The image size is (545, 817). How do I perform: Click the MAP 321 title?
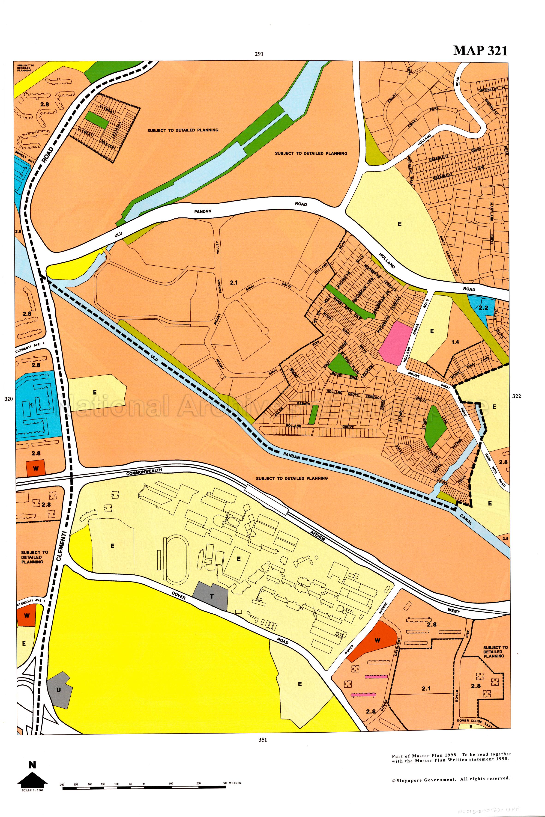[480, 51]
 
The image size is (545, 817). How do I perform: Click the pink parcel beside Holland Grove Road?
[395, 343]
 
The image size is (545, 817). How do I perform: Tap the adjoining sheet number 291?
[259, 54]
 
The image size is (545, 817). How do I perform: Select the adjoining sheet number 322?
[516, 396]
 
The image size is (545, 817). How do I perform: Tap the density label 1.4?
[455, 342]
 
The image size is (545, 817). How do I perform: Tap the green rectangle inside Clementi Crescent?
[97, 120]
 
